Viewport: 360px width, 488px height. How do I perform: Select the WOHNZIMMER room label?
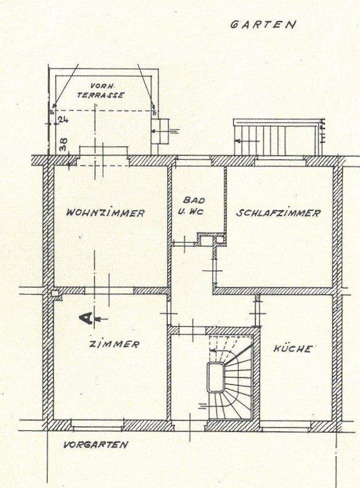coord(105,213)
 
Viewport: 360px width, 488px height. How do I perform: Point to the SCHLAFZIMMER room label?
coord(278,213)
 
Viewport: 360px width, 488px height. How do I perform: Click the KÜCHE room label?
coord(293,349)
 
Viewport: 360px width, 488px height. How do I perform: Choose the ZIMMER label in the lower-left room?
coord(114,345)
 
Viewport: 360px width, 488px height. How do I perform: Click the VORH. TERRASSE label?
coord(103,91)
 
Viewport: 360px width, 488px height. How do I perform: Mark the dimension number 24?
coord(63,120)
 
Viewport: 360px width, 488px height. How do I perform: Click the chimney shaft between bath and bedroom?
coord(206,238)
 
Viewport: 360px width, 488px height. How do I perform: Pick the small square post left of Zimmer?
coord(56,293)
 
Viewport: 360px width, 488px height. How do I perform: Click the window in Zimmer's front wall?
coord(97,425)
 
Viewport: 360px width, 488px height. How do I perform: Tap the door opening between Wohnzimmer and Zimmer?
coord(110,290)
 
